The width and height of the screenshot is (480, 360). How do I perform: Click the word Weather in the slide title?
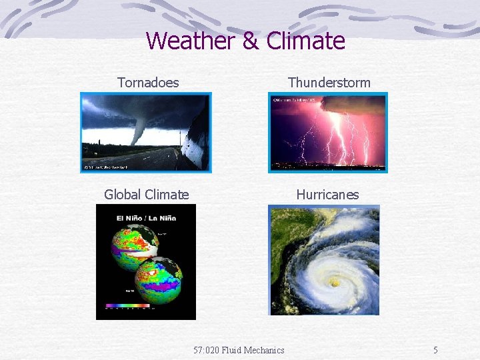pos(191,41)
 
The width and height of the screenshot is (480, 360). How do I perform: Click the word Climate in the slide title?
pos(305,41)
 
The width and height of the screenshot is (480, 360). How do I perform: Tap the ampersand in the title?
pos(250,41)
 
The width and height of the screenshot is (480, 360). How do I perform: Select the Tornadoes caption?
pos(148,83)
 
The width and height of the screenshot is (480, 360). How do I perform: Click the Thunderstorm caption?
pos(329,83)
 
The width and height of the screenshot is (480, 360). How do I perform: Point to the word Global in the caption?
pos(125,195)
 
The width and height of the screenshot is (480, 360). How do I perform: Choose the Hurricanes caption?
pos(327,195)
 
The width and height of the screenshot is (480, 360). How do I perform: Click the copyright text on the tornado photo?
pos(107,167)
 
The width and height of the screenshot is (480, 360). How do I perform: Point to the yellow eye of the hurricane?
pos(334,283)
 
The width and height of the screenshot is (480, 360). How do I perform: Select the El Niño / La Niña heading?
pos(146,217)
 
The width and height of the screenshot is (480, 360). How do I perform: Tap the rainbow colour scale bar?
pos(128,307)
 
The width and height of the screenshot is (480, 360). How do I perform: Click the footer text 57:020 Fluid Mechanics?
pos(239,350)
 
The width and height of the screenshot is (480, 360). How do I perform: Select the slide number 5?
pos(435,350)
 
